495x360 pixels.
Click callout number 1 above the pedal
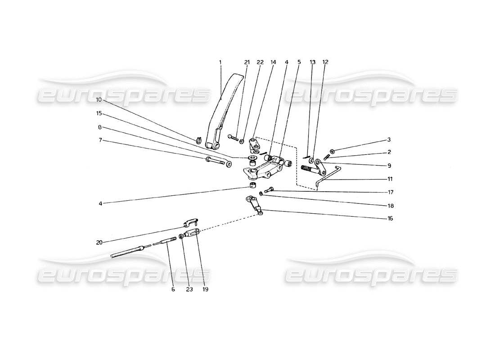tap(220, 63)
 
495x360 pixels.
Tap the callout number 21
tap(247, 63)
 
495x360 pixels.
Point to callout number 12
tap(325, 63)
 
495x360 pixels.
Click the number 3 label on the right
tap(389, 140)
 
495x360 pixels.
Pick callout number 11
tap(390, 178)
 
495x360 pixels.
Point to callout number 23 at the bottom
tap(189, 289)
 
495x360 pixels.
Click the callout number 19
tap(206, 289)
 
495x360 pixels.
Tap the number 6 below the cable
tap(173, 289)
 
